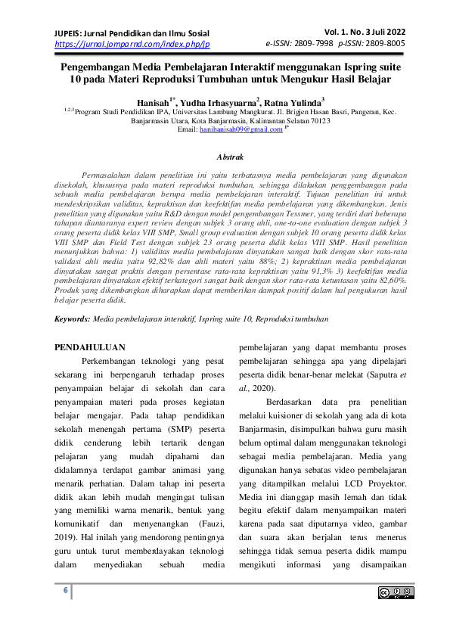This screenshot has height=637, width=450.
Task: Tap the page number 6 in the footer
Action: (x=66, y=590)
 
